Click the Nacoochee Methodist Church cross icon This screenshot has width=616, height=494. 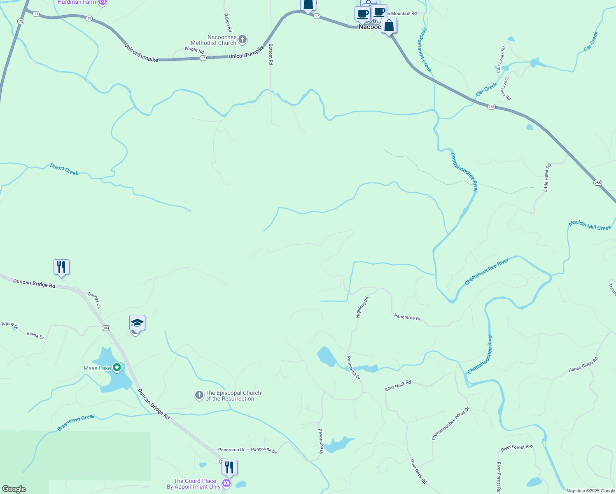243,40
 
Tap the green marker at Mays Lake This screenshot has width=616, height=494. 117,367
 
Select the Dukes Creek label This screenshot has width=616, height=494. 64,169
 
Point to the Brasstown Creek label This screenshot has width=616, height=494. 76,423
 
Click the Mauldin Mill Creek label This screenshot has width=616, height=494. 590,225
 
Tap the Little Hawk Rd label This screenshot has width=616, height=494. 547,177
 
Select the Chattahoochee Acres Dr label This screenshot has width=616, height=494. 450,424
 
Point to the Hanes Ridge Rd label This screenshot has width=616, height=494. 583,365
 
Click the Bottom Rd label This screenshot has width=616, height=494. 271,54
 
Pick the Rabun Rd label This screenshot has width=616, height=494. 228,23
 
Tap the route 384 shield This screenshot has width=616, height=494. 106,328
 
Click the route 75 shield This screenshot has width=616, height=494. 21,21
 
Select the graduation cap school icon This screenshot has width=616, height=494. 137,323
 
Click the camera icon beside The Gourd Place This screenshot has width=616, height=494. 226,482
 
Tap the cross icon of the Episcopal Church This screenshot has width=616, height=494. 199,396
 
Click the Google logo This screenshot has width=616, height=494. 14,489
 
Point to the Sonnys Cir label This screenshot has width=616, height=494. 95,301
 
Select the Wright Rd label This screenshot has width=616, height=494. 194,50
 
